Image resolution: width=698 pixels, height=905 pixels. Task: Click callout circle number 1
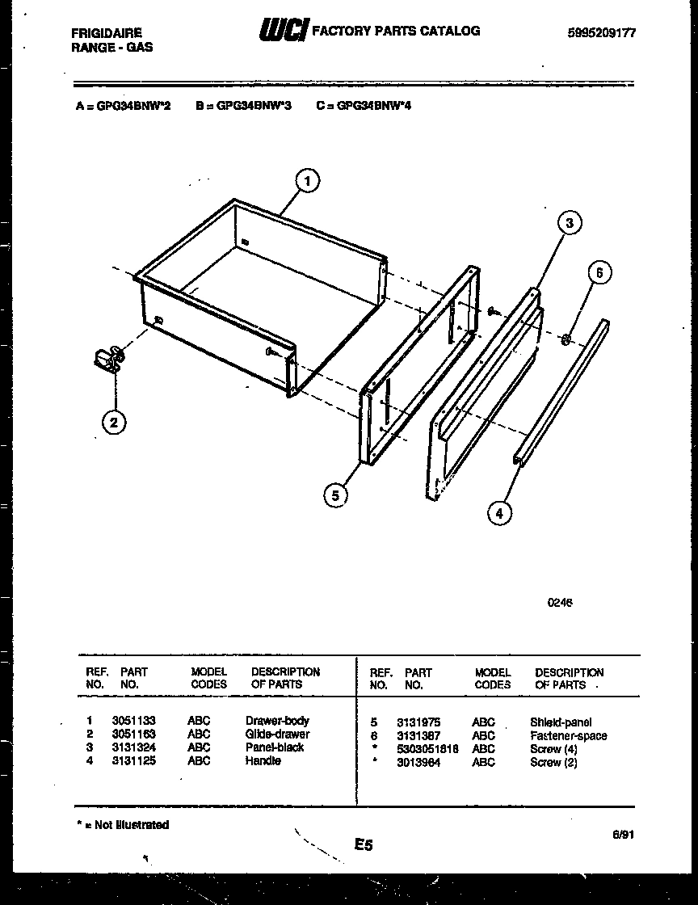point(306,181)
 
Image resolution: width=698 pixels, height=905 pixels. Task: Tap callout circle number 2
point(114,421)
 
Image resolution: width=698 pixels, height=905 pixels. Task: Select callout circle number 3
point(570,223)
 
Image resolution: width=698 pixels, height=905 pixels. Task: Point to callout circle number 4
point(500,512)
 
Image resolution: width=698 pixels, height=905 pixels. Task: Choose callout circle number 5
point(335,494)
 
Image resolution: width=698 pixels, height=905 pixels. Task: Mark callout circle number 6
point(599,273)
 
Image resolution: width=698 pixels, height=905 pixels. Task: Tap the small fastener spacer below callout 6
point(566,336)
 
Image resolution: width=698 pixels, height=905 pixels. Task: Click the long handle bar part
point(561,394)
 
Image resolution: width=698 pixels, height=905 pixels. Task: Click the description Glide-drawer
point(277,735)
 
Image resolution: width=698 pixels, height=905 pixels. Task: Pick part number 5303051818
point(427,749)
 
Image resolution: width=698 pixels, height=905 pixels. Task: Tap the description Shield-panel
point(561,722)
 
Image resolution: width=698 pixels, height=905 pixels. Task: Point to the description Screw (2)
point(553,763)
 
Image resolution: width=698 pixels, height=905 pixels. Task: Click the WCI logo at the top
point(283,32)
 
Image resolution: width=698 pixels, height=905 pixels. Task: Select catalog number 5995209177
point(602,33)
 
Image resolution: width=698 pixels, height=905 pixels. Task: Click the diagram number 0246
point(560,602)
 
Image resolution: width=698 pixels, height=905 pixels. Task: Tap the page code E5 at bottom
point(363,845)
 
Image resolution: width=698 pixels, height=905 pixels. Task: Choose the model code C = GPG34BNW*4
point(364,105)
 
